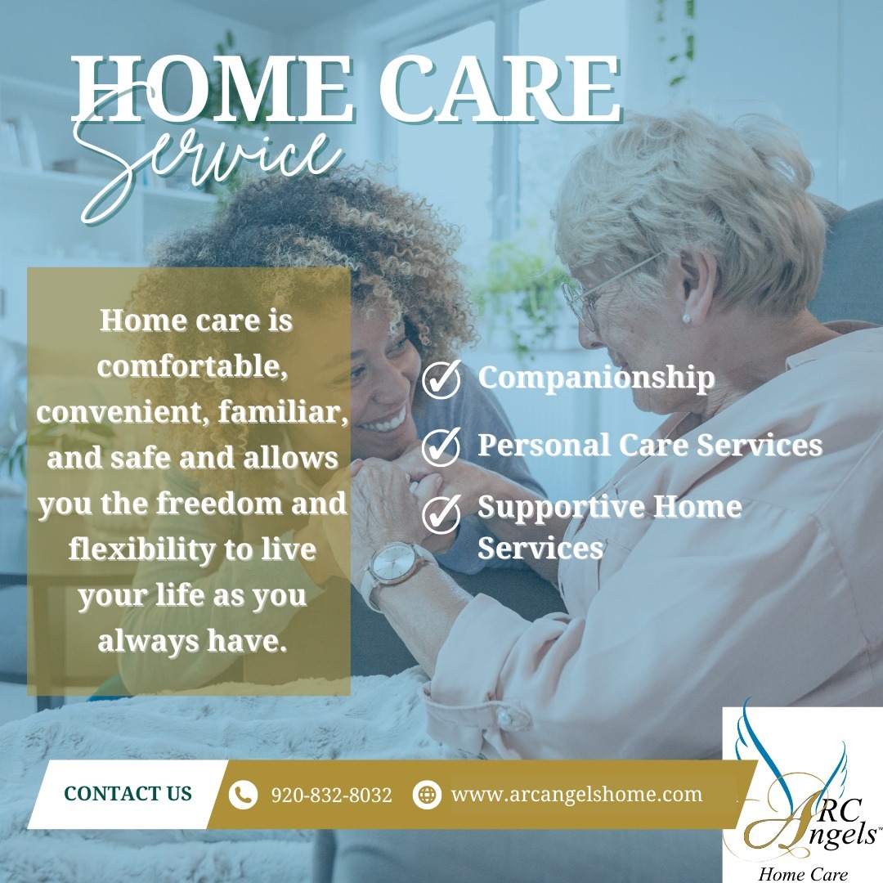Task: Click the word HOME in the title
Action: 212,88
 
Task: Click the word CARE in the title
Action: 500,88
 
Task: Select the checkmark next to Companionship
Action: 441,379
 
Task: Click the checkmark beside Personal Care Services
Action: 441,446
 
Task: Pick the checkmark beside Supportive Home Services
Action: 441,513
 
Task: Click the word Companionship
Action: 596,378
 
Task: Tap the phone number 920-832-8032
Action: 332,795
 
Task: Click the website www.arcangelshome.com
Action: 576,794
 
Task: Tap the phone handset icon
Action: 244,795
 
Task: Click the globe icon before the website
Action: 427,795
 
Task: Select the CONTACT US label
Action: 128,793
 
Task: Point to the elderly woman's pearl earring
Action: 686,319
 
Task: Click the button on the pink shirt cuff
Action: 505,718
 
